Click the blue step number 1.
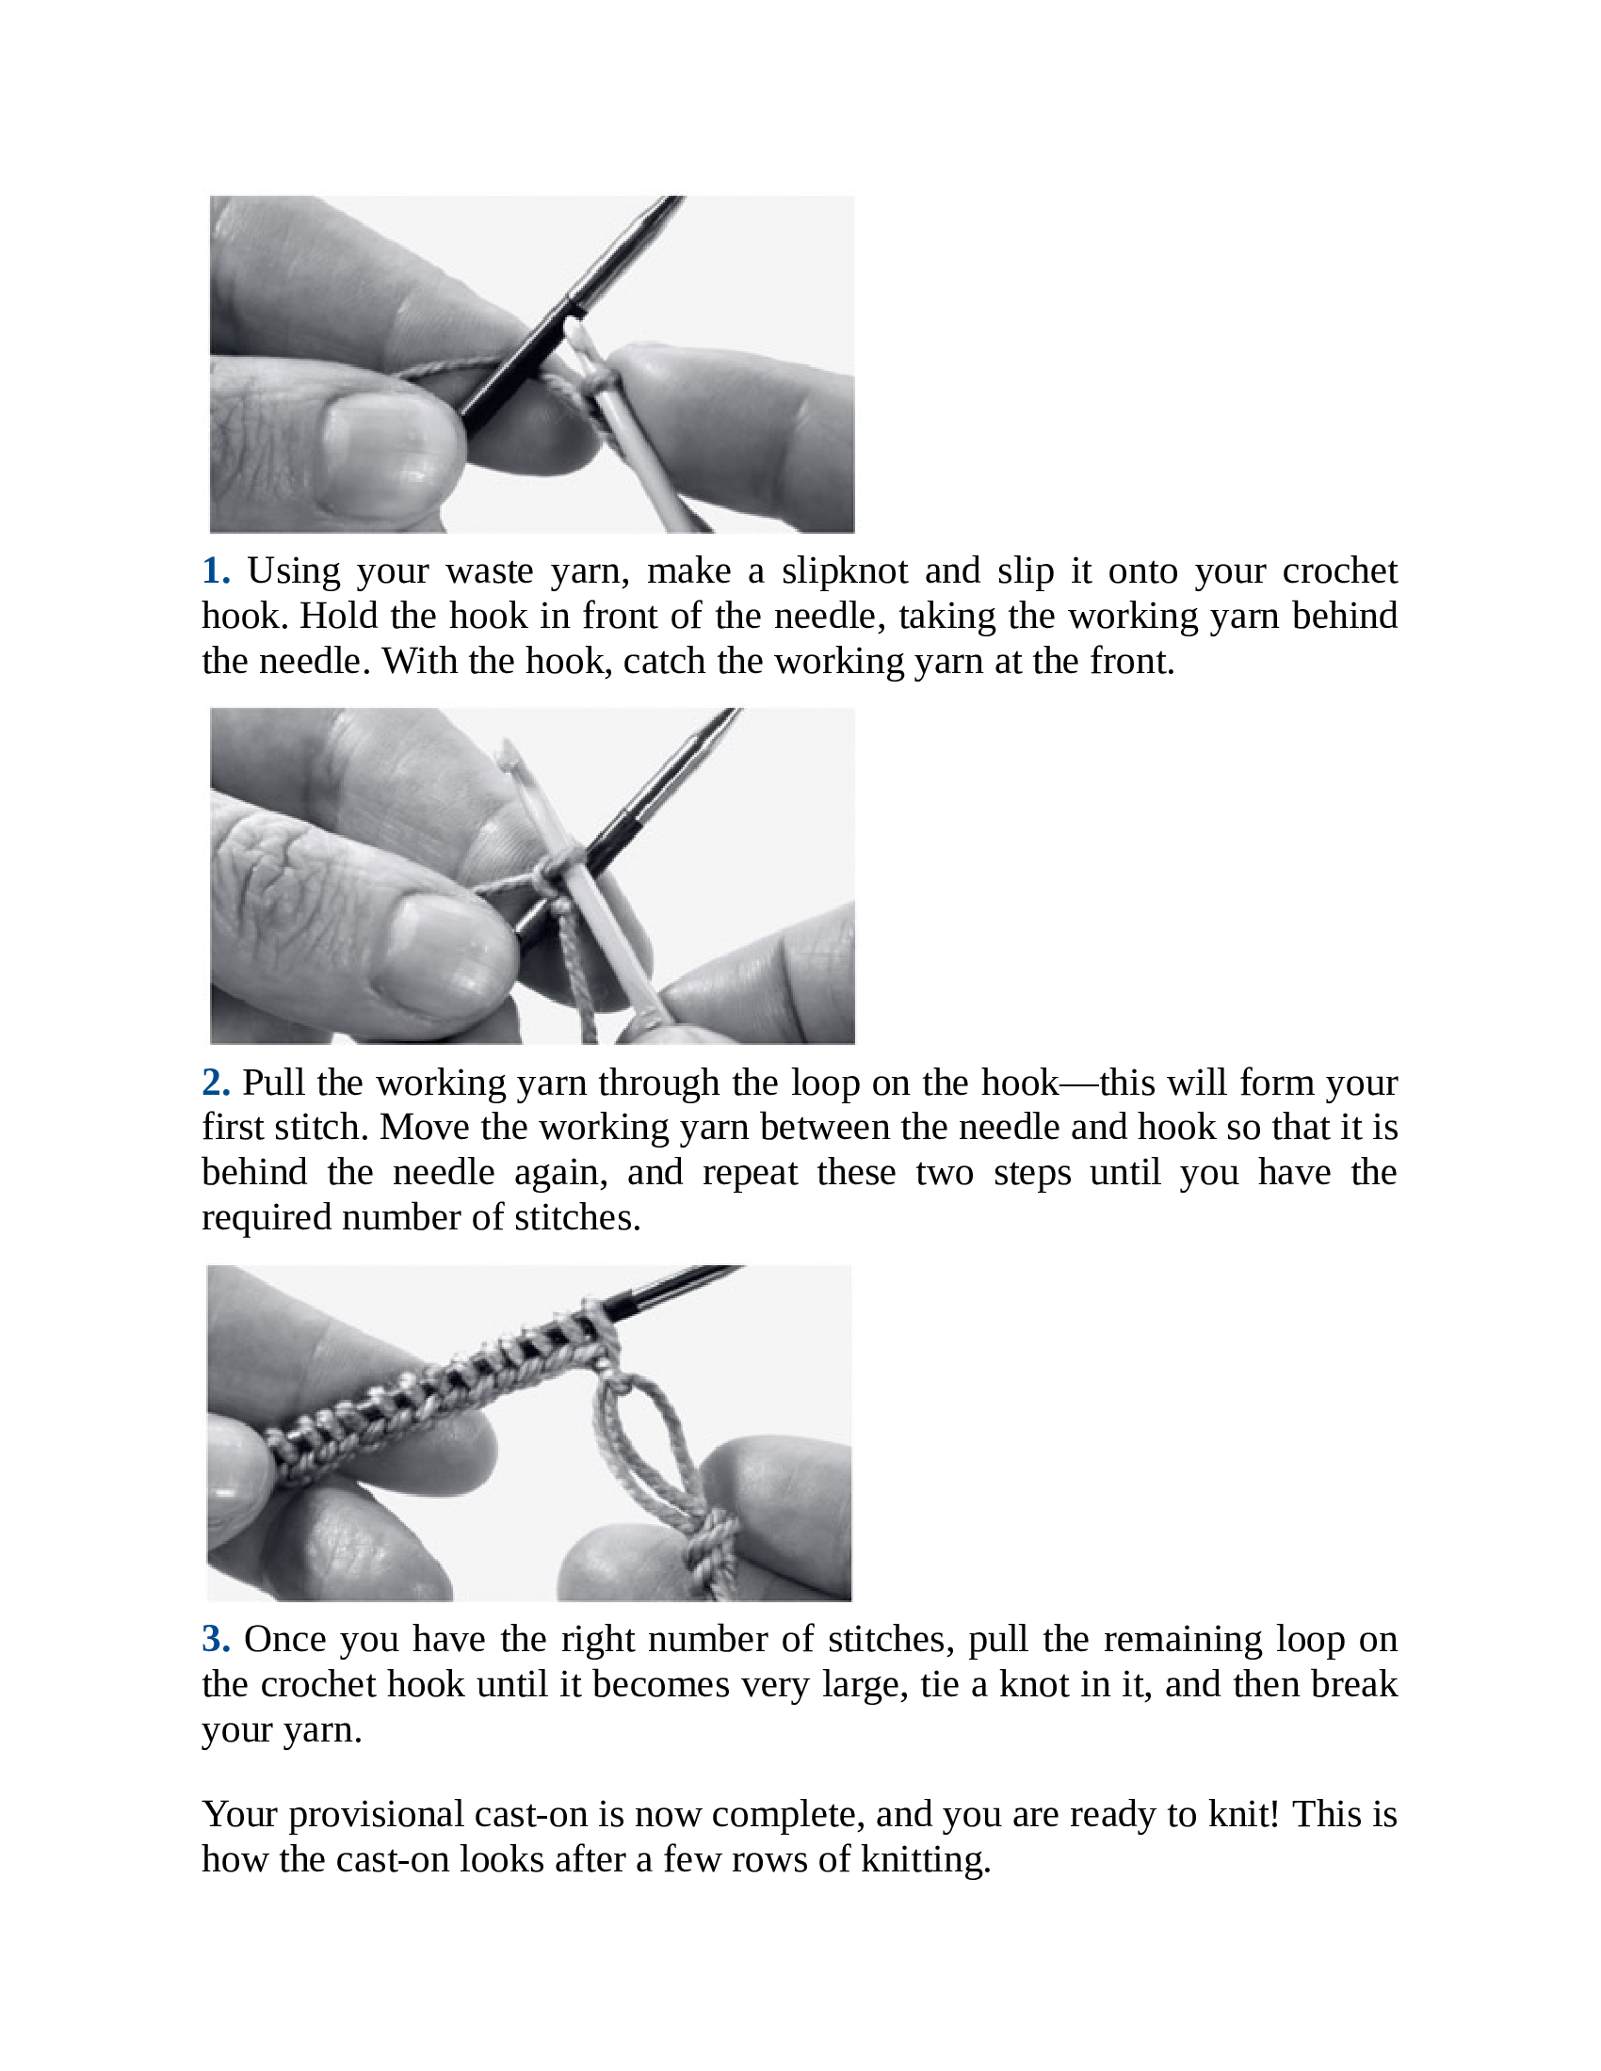tap(216, 571)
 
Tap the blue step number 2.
tap(216, 1083)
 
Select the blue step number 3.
tap(216, 1640)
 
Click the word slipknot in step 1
tap(844, 571)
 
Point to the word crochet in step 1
tap(1339, 571)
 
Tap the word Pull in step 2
tap(274, 1083)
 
